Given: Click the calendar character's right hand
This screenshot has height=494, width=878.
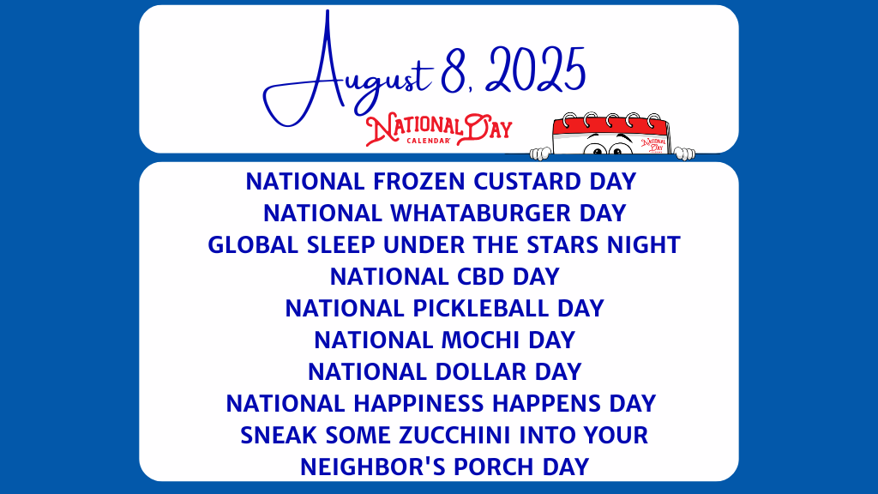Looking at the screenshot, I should [683, 154].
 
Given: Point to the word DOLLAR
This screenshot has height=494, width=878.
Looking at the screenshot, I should [485, 371].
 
